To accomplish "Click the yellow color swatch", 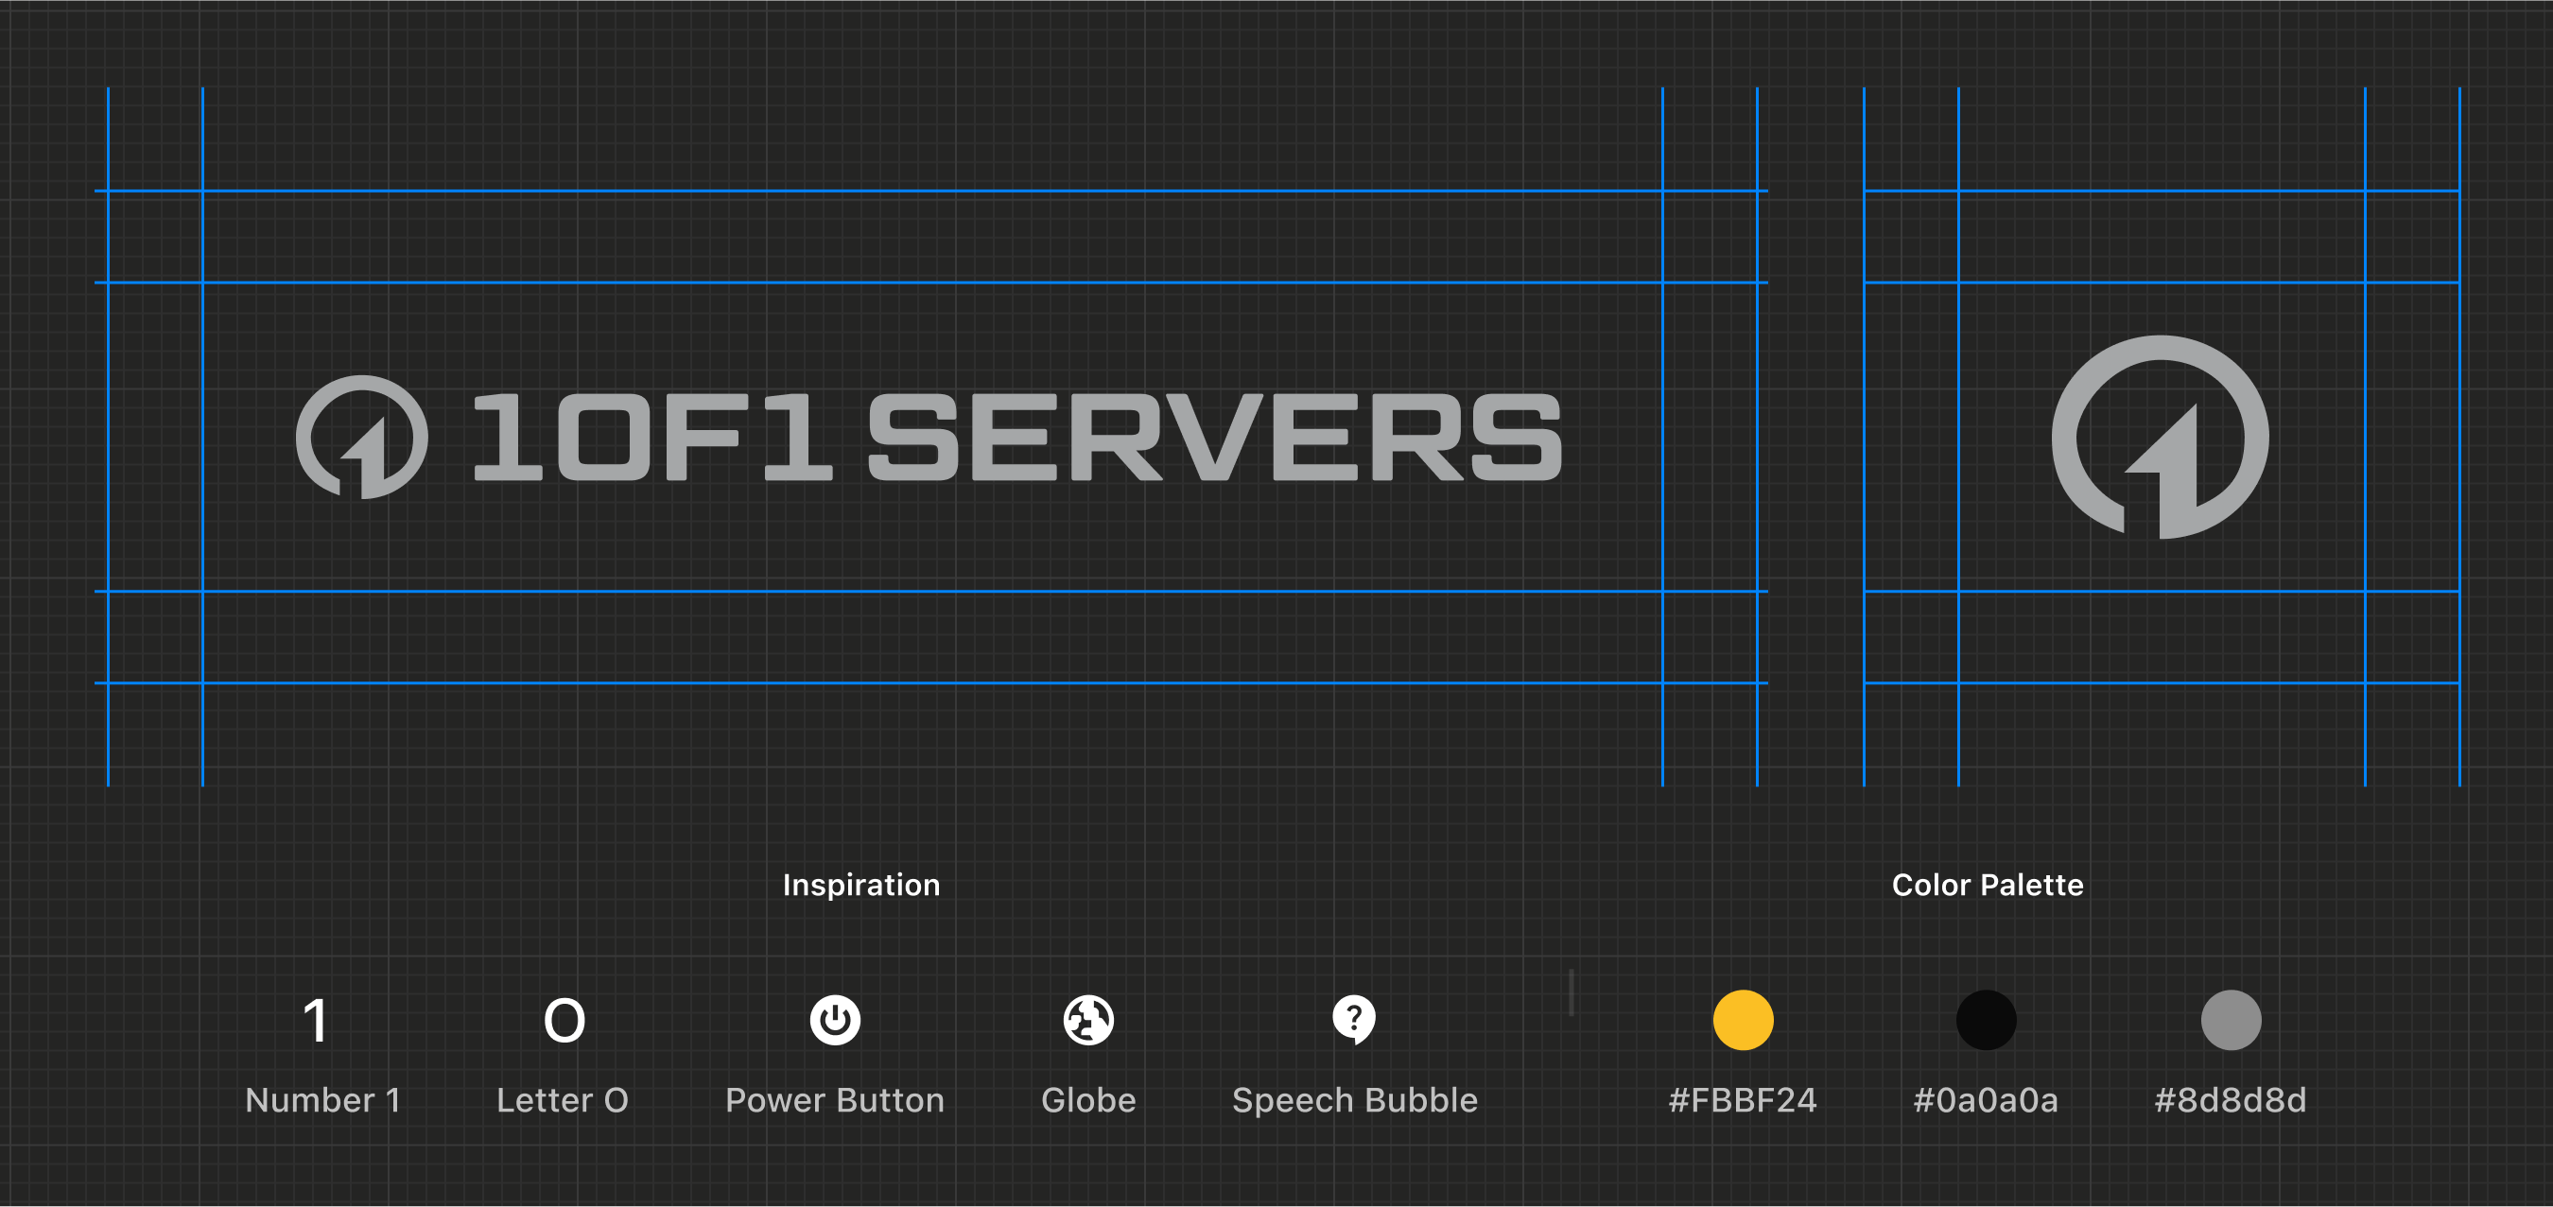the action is [1743, 1020].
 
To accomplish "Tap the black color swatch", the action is [1986, 1020].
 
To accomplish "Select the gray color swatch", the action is [2231, 1020].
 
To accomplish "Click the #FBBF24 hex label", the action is [1743, 1100].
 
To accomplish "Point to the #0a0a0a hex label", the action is [1985, 1100].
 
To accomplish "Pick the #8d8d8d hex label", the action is [2230, 1100].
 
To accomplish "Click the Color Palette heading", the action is [1988, 884].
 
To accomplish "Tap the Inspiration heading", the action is [861, 884].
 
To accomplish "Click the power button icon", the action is [836, 1020].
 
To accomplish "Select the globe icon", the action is [1088, 1020].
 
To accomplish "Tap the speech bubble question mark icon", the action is [1354, 1020].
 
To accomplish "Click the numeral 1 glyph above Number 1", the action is [316, 1021].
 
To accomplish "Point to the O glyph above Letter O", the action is [564, 1021].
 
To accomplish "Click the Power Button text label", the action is [835, 1100].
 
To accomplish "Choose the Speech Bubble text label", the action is [1355, 1101].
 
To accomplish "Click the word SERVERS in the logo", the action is [1215, 436].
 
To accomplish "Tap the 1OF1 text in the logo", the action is [652, 436].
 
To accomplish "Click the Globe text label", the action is [1088, 1100].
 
